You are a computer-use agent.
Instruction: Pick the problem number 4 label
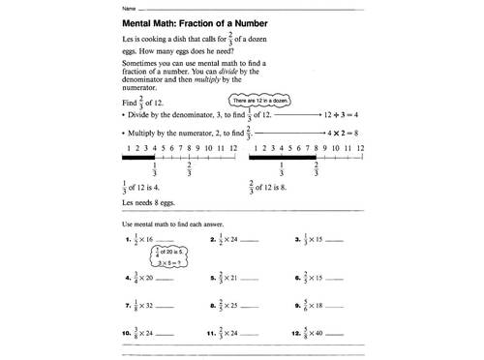coord(128,277)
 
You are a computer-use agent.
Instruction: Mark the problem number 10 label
coord(127,336)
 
